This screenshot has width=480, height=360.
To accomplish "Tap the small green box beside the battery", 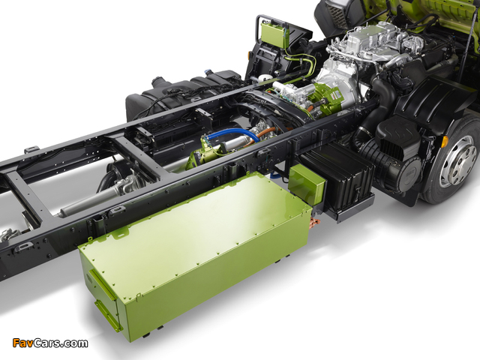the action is (307, 184).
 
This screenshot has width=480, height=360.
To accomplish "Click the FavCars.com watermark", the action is (50, 343).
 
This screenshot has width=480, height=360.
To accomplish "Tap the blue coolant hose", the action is (233, 133).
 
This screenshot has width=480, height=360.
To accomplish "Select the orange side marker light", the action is (445, 141).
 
